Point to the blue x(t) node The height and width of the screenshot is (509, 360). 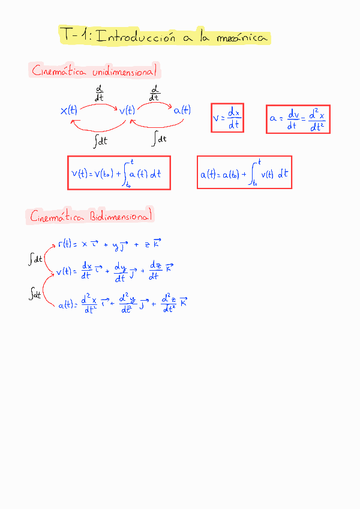[x=68, y=110]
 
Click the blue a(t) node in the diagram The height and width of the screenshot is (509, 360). [x=182, y=110]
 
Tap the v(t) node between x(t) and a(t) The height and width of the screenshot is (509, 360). [x=127, y=110]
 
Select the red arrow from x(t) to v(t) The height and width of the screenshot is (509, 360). [x=98, y=104]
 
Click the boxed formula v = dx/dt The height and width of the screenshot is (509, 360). [x=227, y=118]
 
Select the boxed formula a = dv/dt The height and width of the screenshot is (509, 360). [x=298, y=119]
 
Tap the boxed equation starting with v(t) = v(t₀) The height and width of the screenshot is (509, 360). [x=119, y=173]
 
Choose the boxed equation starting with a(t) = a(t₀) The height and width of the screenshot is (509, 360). [x=244, y=173]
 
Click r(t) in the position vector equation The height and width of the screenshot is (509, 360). [x=65, y=244]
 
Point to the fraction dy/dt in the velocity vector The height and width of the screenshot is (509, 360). [x=119, y=273]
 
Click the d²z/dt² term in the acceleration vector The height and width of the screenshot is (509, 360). [x=169, y=304]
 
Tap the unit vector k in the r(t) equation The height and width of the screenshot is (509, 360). [x=157, y=244]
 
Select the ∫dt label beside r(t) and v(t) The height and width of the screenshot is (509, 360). [x=35, y=259]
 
